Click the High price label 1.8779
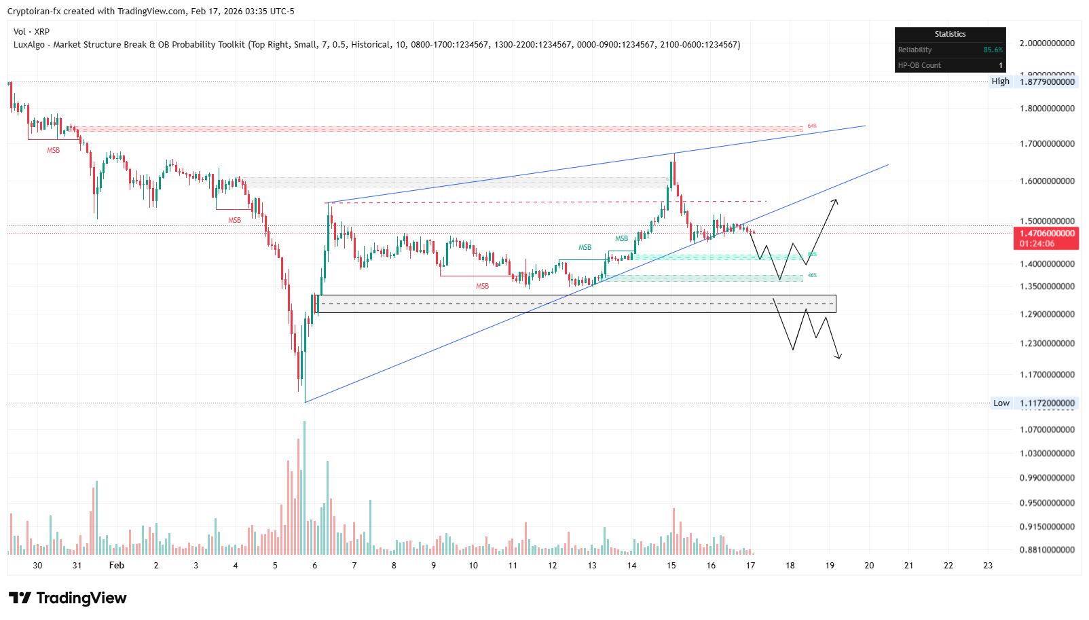coord(1048,81)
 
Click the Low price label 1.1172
coord(1048,403)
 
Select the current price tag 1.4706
coord(1047,234)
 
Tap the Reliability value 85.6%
coord(993,50)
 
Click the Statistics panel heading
coord(950,34)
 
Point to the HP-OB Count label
coord(919,66)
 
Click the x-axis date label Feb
coord(117,566)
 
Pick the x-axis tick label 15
coord(671,566)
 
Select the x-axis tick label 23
coord(988,566)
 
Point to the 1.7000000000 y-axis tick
coord(1047,144)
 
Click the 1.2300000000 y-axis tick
coord(1047,344)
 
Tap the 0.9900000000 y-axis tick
coord(1047,478)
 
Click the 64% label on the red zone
coord(812,126)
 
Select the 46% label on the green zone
coord(812,276)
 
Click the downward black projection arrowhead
coord(840,357)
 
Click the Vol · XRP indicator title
coord(31,32)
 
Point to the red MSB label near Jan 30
coord(53,151)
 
